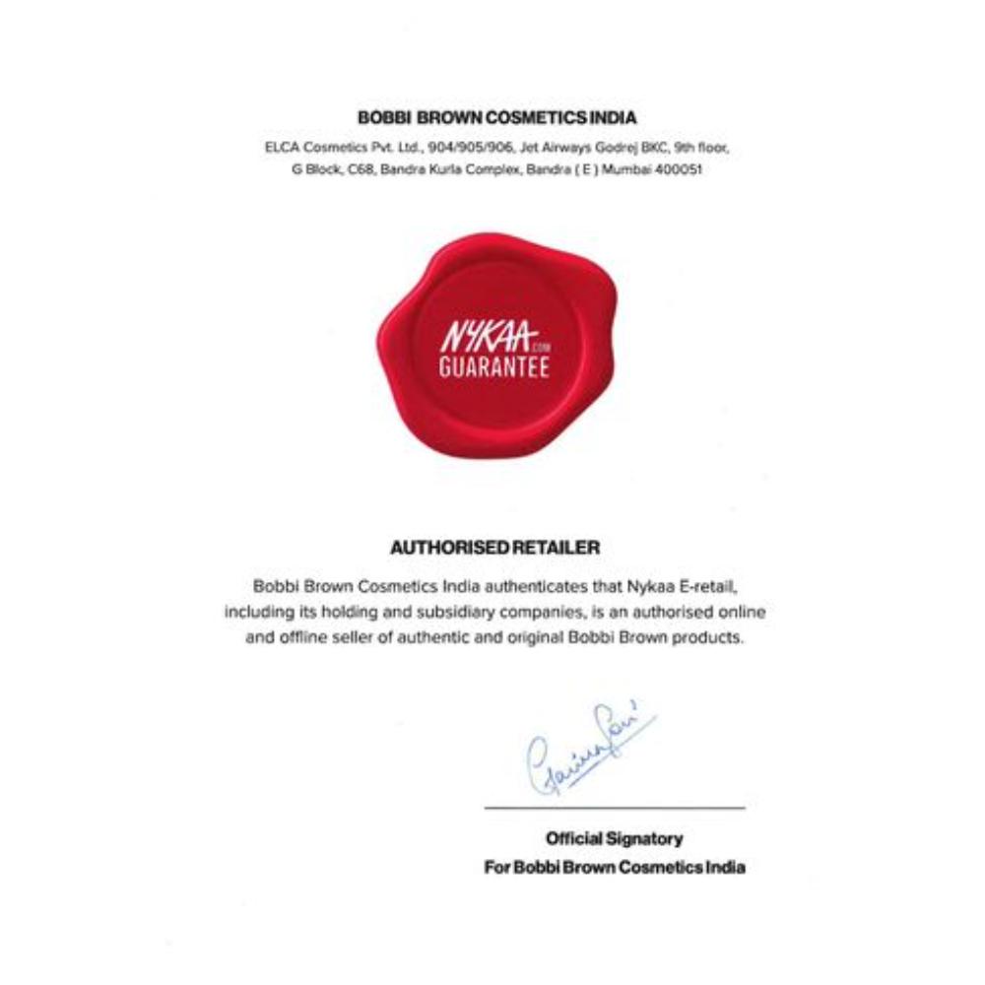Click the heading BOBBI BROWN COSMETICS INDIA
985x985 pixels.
pyautogui.click(x=496, y=117)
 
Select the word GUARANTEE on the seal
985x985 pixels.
pyautogui.click(x=493, y=368)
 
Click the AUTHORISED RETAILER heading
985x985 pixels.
pyautogui.click(x=494, y=546)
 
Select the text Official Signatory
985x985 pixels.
pyautogui.click(x=614, y=839)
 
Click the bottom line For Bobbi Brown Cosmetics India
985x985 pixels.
pyautogui.click(x=615, y=868)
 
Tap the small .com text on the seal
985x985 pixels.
pyautogui.click(x=538, y=347)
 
